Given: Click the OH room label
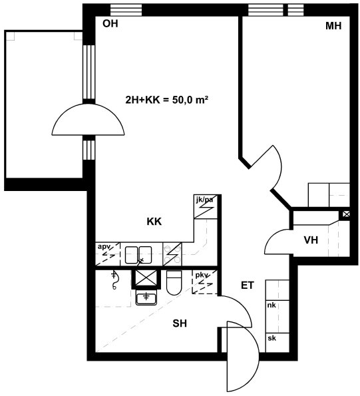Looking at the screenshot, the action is point(110,23).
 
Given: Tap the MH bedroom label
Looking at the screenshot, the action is point(333,26).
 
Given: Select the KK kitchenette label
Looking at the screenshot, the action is point(154,222).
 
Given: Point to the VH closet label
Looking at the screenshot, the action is point(311,240).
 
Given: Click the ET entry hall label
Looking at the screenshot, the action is point(247,286).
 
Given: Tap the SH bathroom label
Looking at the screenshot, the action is point(180,323).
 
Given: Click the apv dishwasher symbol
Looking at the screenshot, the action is point(108,254).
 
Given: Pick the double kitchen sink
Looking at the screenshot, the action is point(138,255).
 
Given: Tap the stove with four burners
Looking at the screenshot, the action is point(172,254).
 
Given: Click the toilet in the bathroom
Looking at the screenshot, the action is point(174,283).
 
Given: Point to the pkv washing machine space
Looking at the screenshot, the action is point(204,282).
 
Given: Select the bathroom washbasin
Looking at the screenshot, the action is point(146,297).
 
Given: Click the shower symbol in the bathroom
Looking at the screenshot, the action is point(114,280).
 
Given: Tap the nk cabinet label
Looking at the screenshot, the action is point(271,305).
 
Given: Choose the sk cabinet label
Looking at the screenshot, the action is point(271,338).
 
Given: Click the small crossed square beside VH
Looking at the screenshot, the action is point(346,214).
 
